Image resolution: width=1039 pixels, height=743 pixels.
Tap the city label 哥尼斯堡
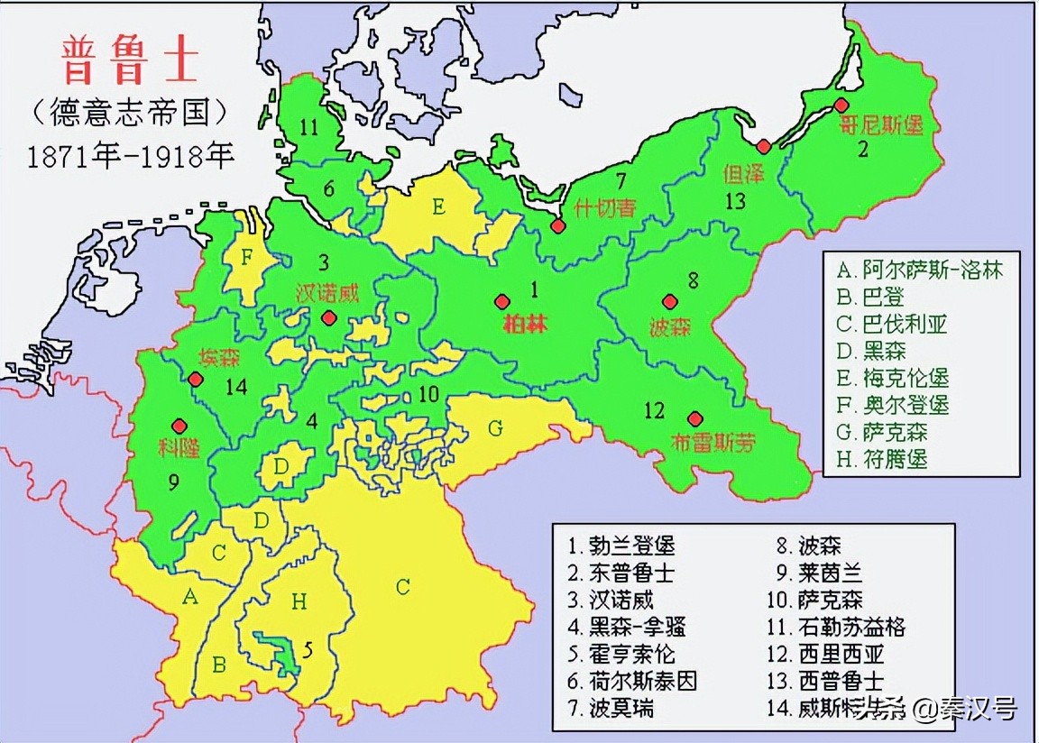(883, 125)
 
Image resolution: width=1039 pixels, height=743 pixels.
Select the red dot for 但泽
(764, 146)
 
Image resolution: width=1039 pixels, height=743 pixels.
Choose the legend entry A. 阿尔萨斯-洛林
(919, 270)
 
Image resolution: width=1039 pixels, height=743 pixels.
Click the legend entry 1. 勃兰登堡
(621, 545)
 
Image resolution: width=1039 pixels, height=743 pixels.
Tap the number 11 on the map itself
(310, 127)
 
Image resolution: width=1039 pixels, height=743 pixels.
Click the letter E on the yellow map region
(438, 206)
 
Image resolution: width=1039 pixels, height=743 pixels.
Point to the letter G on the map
(495, 428)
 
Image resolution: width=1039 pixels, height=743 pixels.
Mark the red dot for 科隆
(179, 425)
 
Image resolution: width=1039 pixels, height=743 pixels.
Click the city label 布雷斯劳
(713, 443)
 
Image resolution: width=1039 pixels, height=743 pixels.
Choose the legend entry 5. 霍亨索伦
(621, 653)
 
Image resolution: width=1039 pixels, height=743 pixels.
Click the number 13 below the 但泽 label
(736, 200)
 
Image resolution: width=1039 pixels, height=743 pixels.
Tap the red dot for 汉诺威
(328, 316)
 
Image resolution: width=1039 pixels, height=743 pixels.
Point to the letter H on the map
(299, 601)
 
